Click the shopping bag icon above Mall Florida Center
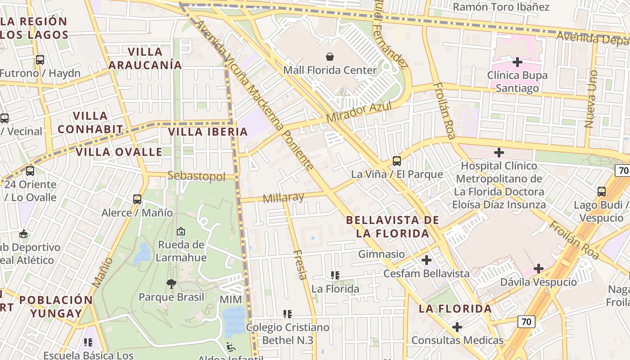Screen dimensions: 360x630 tap(330, 57)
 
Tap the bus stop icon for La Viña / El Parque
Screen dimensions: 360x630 tap(396, 161)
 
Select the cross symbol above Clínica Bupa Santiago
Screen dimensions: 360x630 tap(517, 62)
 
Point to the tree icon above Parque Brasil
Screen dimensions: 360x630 tap(171, 283)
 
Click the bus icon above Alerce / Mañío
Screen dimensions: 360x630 tap(137, 199)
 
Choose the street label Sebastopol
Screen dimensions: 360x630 tap(196, 176)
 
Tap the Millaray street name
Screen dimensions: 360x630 tap(283, 198)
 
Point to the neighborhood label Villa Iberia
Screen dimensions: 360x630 tap(207, 132)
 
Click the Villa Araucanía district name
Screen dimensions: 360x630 tap(145, 58)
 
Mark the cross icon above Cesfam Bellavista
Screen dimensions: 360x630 tap(426, 260)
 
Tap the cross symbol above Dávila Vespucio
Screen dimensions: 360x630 tap(539, 269)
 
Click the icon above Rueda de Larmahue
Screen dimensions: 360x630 tap(181, 231)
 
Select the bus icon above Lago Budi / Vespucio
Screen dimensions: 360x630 tap(602, 192)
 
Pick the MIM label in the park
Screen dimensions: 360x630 tap(230, 300)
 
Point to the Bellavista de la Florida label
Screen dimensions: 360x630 tap(392, 227)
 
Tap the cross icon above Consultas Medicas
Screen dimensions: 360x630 tap(457, 327)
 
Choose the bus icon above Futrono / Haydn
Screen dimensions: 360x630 tap(40, 59)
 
